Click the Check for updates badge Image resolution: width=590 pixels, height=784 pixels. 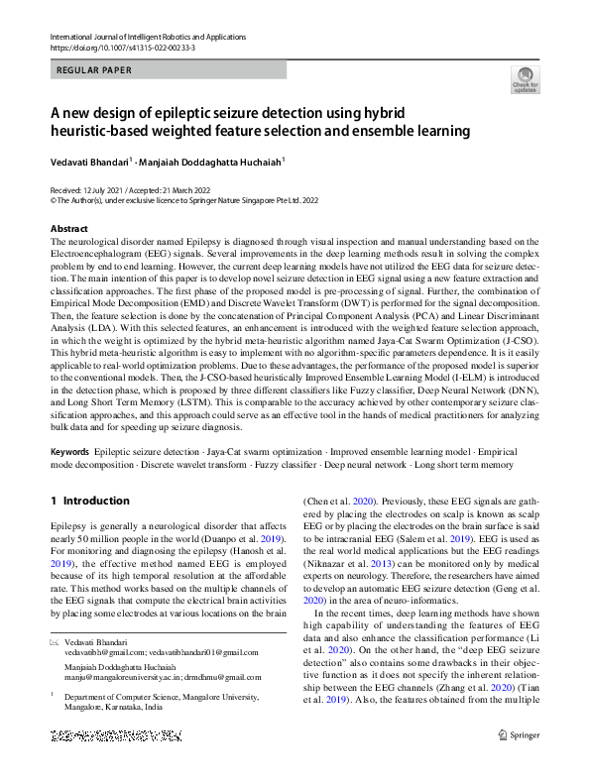click(x=525, y=80)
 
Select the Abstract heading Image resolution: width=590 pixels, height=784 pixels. click(x=70, y=229)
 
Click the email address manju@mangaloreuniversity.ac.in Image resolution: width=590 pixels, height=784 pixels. click(x=124, y=677)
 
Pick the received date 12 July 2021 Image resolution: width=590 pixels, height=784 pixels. click(x=111, y=188)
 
